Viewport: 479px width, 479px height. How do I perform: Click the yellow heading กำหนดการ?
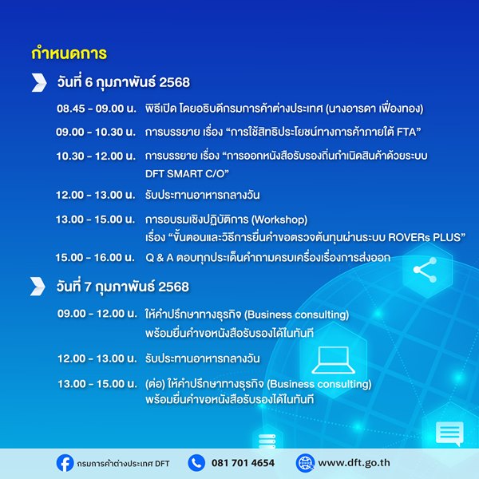[x=69, y=53]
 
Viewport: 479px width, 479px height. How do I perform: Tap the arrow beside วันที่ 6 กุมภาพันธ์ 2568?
[x=39, y=82]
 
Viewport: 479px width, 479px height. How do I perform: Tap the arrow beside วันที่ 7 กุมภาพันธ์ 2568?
[x=38, y=287]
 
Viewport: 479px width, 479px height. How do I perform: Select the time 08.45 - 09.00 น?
[x=97, y=109]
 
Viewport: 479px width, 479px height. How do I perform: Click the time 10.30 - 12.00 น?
[x=96, y=156]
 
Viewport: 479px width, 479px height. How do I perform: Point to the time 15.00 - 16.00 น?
[x=95, y=258]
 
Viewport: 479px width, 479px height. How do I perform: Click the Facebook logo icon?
[x=65, y=463]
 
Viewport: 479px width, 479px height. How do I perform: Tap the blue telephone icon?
[x=196, y=463]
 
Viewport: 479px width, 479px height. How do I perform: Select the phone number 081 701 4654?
[x=243, y=463]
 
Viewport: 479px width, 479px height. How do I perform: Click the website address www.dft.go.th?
[x=354, y=463]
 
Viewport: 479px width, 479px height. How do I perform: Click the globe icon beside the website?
[x=305, y=463]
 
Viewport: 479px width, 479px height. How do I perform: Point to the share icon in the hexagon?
[x=425, y=270]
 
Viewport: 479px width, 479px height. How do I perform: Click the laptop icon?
[x=333, y=360]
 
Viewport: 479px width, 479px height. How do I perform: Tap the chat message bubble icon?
[x=449, y=433]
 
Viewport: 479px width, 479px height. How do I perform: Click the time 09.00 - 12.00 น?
[x=97, y=314]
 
